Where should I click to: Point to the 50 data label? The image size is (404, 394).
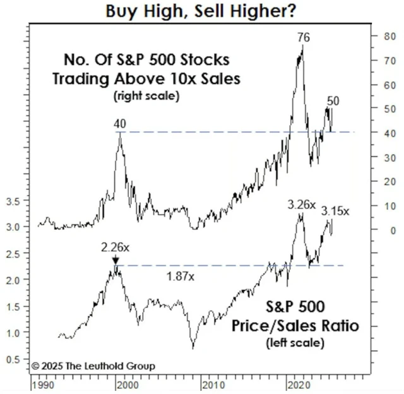click(333, 101)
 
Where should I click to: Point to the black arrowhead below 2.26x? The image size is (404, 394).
click(116, 260)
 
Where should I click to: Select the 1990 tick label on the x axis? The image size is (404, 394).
click(42, 383)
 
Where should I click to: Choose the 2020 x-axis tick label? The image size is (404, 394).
click(295, 383)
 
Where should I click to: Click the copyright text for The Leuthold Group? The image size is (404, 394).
click(93, 366)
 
